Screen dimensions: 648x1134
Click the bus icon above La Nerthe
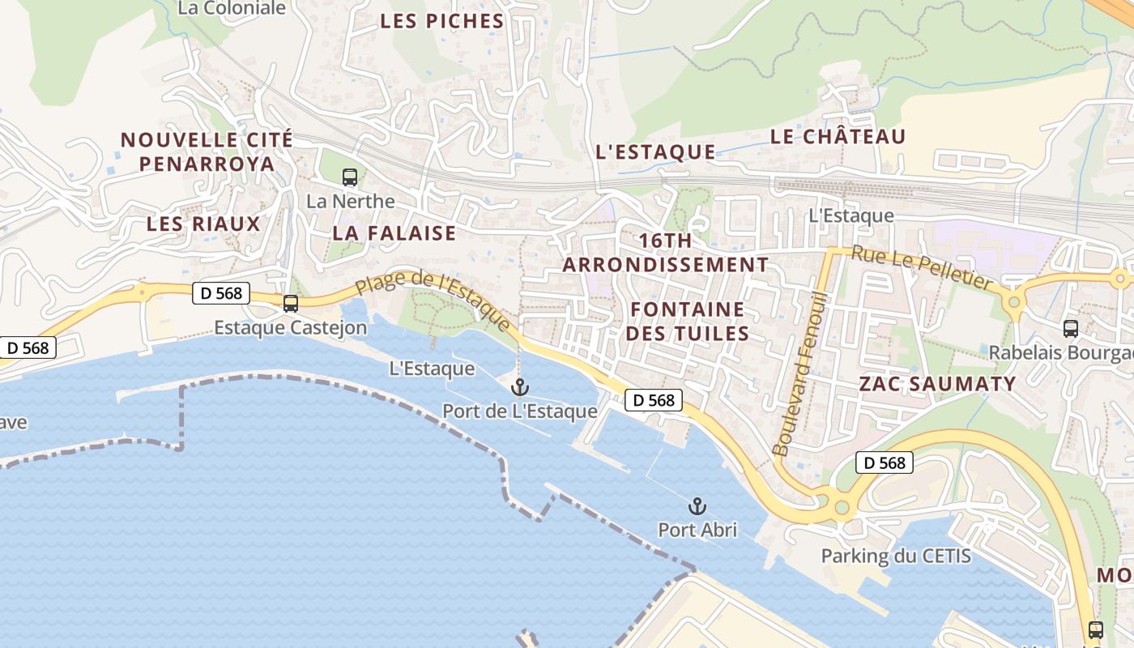click(350, 177)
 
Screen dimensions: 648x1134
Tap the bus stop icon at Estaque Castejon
click(291, 304)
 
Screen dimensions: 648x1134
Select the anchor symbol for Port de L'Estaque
click(520, 387)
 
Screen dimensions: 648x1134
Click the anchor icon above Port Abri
click(697, 506)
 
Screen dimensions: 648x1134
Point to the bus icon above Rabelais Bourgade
click(1071, 328)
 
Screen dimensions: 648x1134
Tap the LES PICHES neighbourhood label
click(441, 22)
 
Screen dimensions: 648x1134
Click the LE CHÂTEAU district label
click(838, 137)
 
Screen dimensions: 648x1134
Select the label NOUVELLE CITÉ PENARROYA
click(207, 151)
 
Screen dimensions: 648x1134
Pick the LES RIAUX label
click(203, 224)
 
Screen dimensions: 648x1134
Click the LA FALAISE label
click(394, 233)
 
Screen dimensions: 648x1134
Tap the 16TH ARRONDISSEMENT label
click(666, 253)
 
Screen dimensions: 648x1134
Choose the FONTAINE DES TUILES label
click(688, 322)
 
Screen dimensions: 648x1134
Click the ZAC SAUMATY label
click(937, 384)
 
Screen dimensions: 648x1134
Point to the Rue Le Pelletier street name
click(922, 268)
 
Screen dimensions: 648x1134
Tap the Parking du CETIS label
click(896, 556)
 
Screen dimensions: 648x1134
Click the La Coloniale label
click(232, 9)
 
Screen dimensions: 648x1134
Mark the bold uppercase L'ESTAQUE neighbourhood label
click(655, 151)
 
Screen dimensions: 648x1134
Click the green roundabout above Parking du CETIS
click(842, 507)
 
